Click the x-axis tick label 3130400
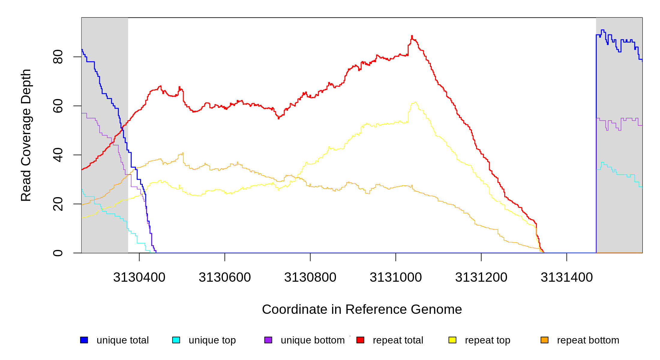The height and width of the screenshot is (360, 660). click(x=139, y=277)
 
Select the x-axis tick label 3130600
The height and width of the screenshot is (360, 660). click(x=225, y=277)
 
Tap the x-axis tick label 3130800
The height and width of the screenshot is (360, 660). click(x=310, y=277)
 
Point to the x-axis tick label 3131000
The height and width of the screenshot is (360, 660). click(x=396, y=277)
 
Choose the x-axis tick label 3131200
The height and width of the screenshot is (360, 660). click(x=481, y=277)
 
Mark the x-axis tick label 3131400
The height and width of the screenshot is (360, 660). click(x=567, y=277)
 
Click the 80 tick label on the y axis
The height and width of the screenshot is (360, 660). click(x=58, y=57)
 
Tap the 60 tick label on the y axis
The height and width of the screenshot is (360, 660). click(x=58, y=106)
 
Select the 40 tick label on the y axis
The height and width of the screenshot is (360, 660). click(x=58, y=155)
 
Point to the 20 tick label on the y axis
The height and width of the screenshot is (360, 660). click(x=58, y=204)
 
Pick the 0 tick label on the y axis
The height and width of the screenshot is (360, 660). click(x=58, y=253)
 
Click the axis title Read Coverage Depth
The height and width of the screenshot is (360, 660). click(x=26, y=135)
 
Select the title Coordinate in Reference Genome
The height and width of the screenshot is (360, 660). click(x=362, y=309)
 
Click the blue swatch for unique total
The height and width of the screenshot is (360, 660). click(x=84, y=340)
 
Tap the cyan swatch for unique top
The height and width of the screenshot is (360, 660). click(x=176, y=340)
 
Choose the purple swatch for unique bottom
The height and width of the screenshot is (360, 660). click(x=268, y=340)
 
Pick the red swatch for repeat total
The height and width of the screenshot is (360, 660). click(x=360, y=340)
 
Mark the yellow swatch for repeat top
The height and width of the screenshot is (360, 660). click(x=452, y=340)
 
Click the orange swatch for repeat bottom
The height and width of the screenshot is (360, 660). click(x=544, y=340)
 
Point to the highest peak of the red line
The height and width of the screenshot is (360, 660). click(x=412, y=36)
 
